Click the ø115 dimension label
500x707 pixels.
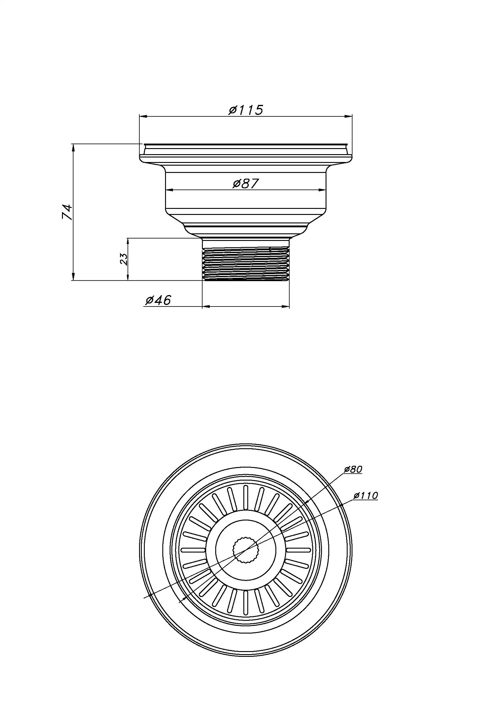click(x=246, y=110)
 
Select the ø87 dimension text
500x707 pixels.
click(x=245, y=184)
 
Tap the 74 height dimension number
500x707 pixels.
click(x=67, y=212)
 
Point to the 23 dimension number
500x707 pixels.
click(x=123, y=259)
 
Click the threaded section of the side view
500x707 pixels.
click(x=246, y=264)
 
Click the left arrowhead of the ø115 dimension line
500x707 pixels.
click(x=143, y=116)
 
